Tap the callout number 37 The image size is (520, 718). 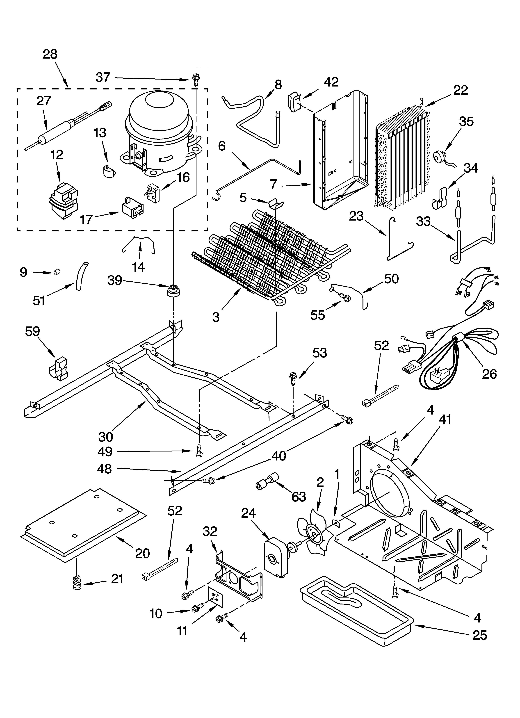pyautogui.click(x=103, y=77)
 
